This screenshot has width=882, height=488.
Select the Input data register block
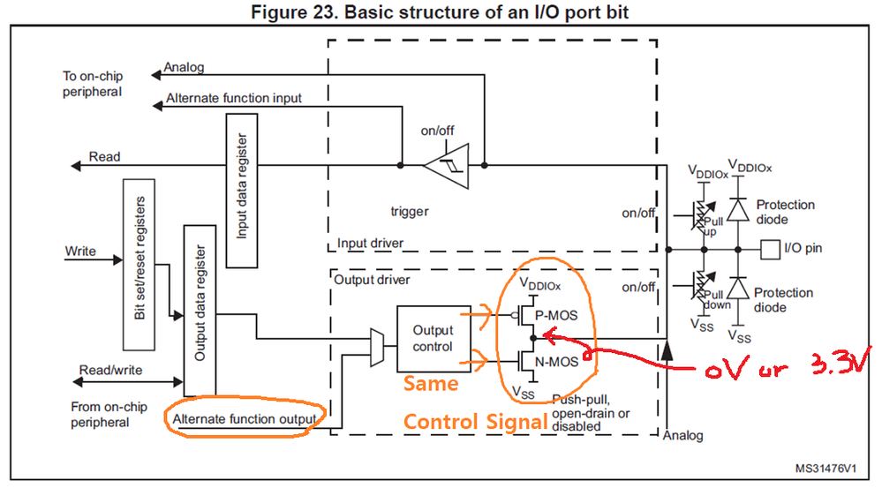[241, 193]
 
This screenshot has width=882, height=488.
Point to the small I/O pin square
[770, 248]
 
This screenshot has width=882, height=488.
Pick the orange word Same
[431, 386]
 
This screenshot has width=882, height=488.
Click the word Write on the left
[80, 252]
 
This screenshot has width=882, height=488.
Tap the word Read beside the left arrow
[104, 157]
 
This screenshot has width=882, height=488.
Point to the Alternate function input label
[234, 99]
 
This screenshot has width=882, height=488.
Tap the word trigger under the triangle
[410, 212]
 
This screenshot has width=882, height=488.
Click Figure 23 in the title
[305, 12]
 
